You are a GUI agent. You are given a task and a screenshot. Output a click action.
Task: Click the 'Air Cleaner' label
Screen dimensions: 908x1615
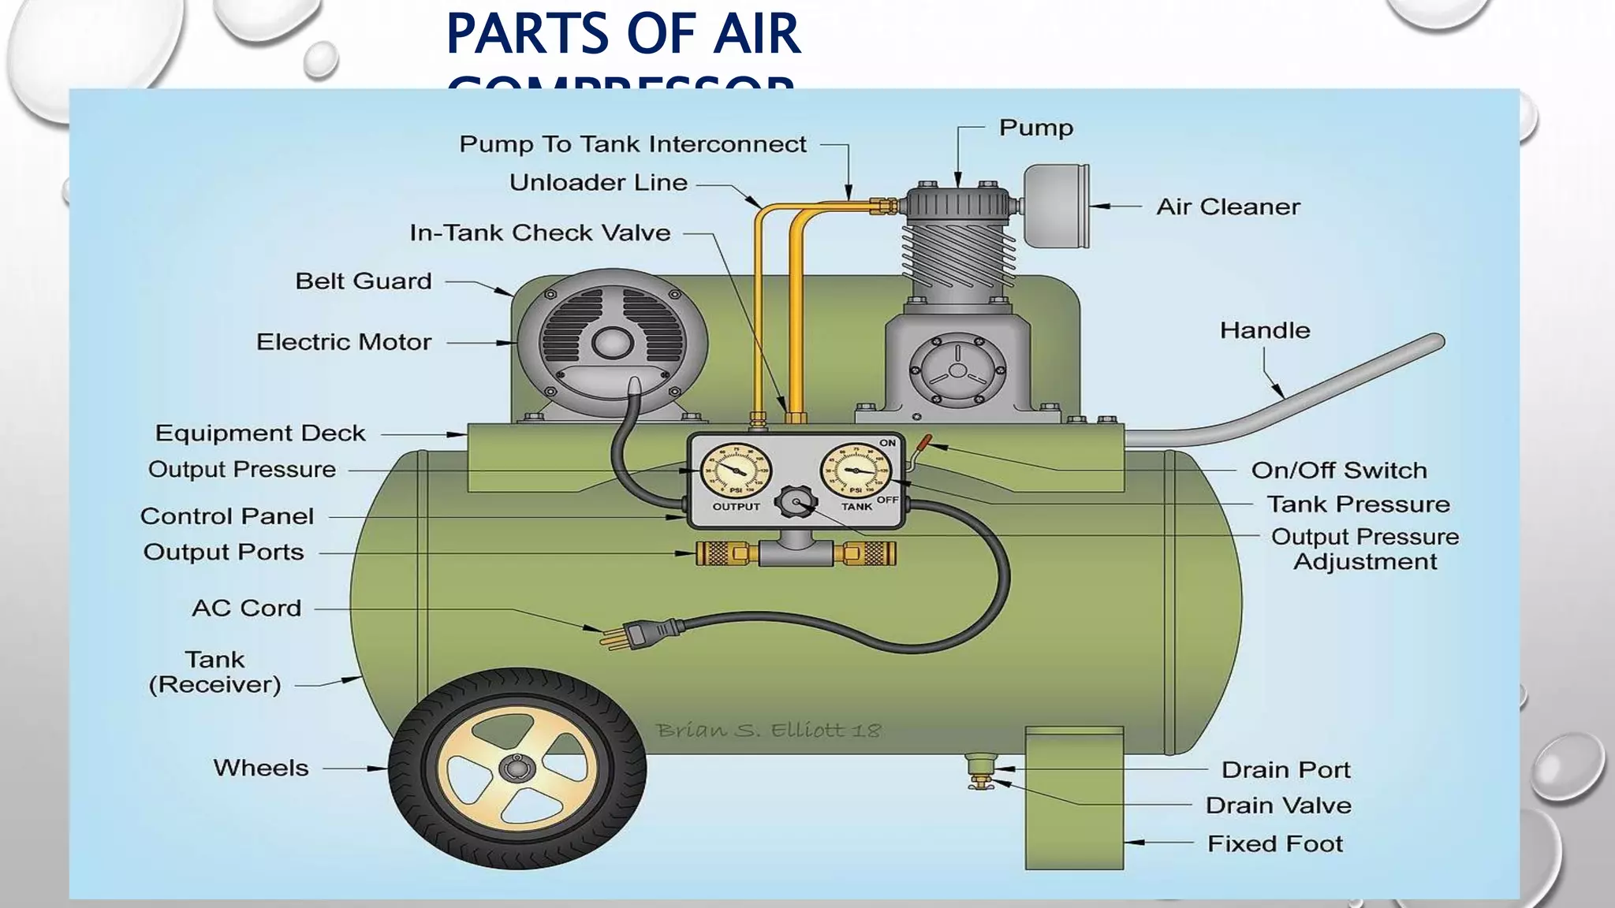[x=1228, y=207]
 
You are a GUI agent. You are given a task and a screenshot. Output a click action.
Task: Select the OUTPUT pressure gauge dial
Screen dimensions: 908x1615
[x=736, y=471]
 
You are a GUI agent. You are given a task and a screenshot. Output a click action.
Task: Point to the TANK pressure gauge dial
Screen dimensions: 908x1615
[x=856, y=471]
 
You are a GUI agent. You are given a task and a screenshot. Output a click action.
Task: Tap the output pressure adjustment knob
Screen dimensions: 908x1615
[x=796, y=502]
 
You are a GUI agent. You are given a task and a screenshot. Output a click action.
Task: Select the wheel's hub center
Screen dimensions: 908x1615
[x=517, y=768]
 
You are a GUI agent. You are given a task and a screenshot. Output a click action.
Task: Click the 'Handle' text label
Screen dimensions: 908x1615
[x=1265, y=330]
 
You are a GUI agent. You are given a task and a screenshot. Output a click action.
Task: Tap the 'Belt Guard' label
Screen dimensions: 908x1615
[x=364, y=281]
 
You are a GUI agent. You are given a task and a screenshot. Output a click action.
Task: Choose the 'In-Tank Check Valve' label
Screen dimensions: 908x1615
[x=540, y=233]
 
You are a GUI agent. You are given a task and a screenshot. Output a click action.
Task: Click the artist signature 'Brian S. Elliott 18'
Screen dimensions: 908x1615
[x=768, y=731]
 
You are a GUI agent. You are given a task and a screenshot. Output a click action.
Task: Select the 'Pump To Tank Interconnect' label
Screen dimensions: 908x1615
[x=632, y=144]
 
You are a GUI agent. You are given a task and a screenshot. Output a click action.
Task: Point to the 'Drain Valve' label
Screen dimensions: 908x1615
[x=1278, y=806]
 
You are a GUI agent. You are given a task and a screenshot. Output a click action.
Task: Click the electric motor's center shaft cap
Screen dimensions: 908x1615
[x=611, y=343]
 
